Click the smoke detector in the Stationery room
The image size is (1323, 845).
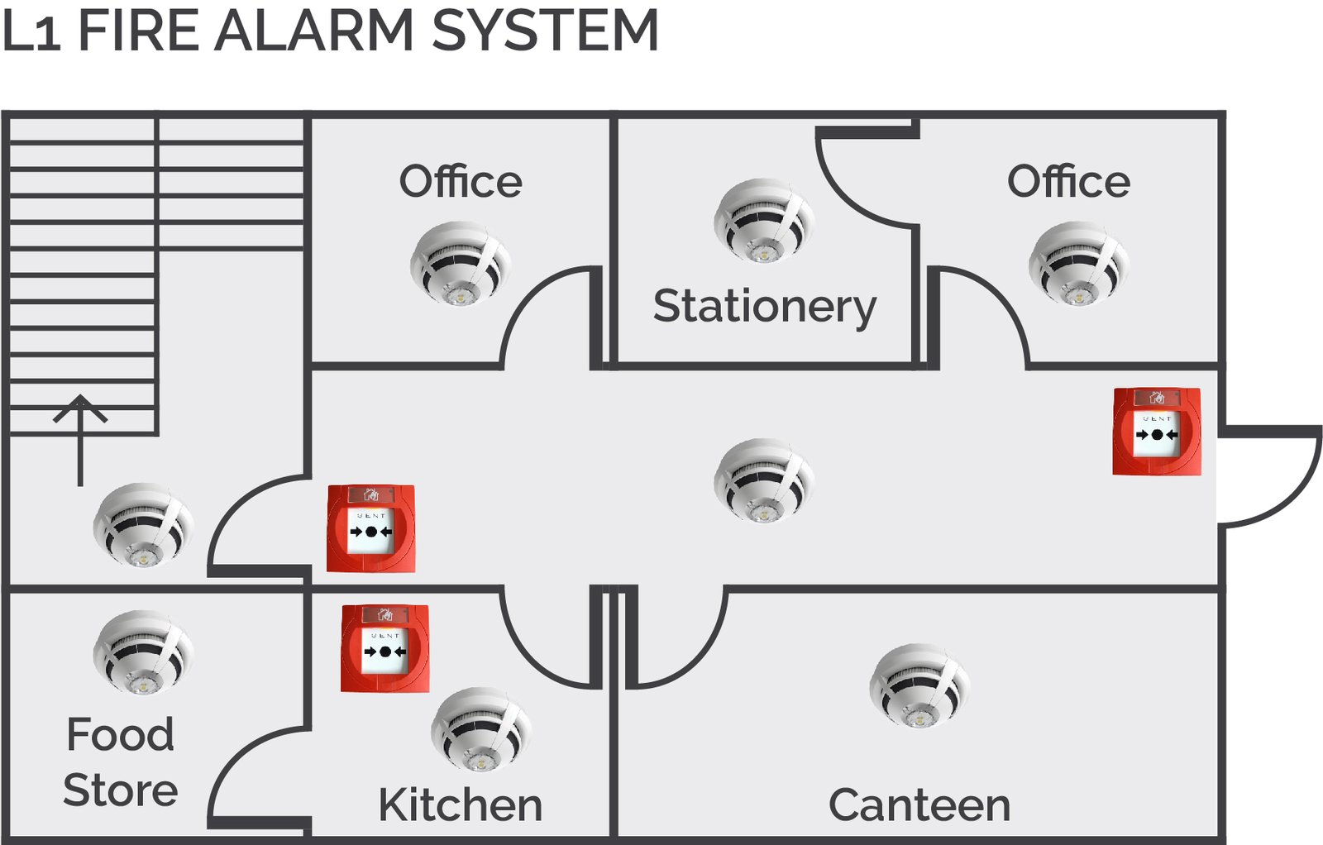763,221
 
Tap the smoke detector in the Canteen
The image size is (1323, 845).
919,686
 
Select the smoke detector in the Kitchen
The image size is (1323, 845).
480,729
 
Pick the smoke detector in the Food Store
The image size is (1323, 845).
143,652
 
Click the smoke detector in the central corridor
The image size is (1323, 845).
763,480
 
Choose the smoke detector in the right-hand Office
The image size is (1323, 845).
1078,263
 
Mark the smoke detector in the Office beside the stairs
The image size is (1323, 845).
460,263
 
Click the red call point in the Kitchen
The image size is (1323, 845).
384,648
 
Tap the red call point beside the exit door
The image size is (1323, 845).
1156,432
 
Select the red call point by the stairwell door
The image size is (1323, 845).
370,528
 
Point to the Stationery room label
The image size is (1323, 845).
764,307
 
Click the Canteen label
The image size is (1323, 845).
919,805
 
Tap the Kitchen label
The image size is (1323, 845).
460,805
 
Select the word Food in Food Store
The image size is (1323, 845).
121,734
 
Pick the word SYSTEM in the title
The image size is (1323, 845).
545,31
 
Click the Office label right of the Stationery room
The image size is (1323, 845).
1068,182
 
